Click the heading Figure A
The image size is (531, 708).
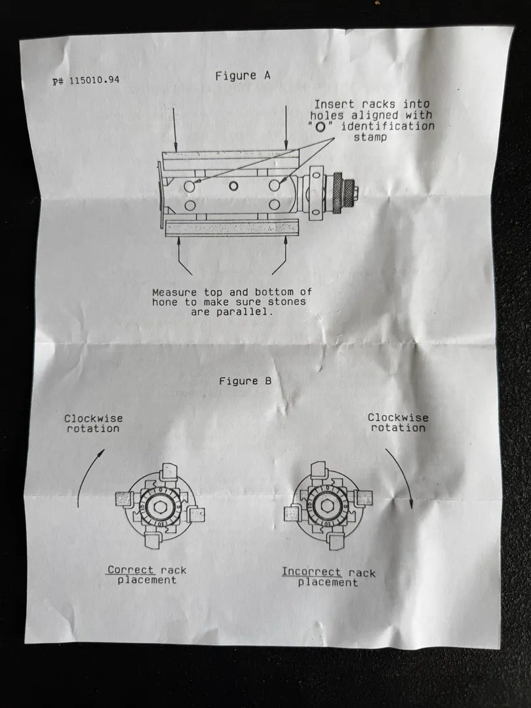pos(243,75)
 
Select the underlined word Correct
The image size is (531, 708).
pos(131,570)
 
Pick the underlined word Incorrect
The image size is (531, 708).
pos(312,572)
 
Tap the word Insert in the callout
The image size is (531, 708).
pos(333,104)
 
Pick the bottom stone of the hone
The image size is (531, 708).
pos(229,228)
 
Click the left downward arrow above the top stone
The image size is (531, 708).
pos(175,128)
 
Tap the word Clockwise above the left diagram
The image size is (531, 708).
pos(93,418)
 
